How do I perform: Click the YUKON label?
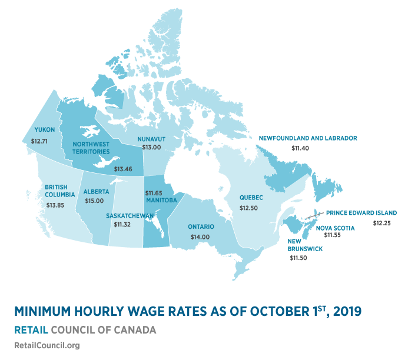(45, 129)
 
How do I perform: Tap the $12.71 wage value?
(40, 141)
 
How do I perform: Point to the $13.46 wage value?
(122, 169)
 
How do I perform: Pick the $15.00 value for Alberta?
(94, 201)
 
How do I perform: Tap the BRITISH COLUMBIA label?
(59, 191)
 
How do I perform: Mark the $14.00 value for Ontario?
(201, 236)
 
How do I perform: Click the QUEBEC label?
(251, 198)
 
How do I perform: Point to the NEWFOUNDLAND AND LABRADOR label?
(308, 138)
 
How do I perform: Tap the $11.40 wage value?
(300, 149)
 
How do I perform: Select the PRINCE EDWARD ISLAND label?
(361, 212)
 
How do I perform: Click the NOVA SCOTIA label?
(336, 227)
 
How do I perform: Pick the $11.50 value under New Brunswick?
(299, 258)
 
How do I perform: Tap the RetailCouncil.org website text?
(47, 345)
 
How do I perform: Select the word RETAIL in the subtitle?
(31, 329)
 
